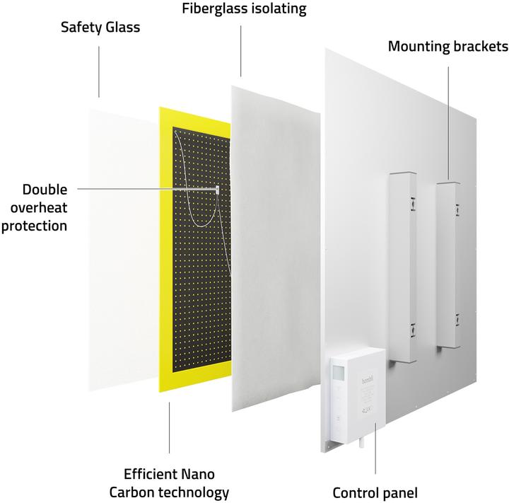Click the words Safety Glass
pyautogui.click(x=100, y=28)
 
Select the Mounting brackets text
pyautogui.click(x=448, y=47)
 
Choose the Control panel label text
pyautogui.click(x=375, y=492)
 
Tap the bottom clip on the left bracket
pyautogui.click(x=409, y=329)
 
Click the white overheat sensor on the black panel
pyautogui.click(x=217, y=189)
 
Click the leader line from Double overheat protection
pyautogui.click(x=141, y=189)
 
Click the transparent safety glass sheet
pyautogui.click(x=120, y=241)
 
